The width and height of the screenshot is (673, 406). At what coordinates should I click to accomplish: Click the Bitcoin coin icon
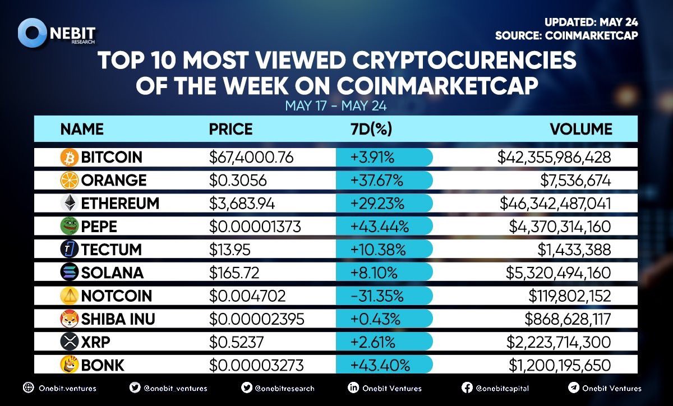tap(68, 158)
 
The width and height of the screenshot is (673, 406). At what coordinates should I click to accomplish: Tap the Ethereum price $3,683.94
tap(242, 204)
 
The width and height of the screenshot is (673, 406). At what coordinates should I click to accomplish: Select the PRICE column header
tap(231, 129)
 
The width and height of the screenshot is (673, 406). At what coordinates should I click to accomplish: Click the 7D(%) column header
tap(370, 129)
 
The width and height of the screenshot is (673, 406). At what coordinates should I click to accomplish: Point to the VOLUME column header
tap(581, 129)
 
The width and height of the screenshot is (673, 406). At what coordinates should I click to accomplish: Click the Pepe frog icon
tap(68, 227)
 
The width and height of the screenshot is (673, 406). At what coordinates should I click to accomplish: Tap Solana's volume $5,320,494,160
tap(560, 273)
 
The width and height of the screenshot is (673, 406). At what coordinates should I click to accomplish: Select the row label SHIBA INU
tap(118, 319)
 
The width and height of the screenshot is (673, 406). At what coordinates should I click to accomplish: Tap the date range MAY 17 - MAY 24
tap(336, 105)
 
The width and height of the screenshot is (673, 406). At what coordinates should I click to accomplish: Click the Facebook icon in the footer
tap(467, 387)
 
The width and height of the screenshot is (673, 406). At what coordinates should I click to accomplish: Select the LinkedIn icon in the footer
tap(354, 387)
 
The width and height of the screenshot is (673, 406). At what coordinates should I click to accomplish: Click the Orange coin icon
tap(68, 181)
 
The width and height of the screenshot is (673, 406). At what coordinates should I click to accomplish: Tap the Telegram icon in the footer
tap(573, 387)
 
